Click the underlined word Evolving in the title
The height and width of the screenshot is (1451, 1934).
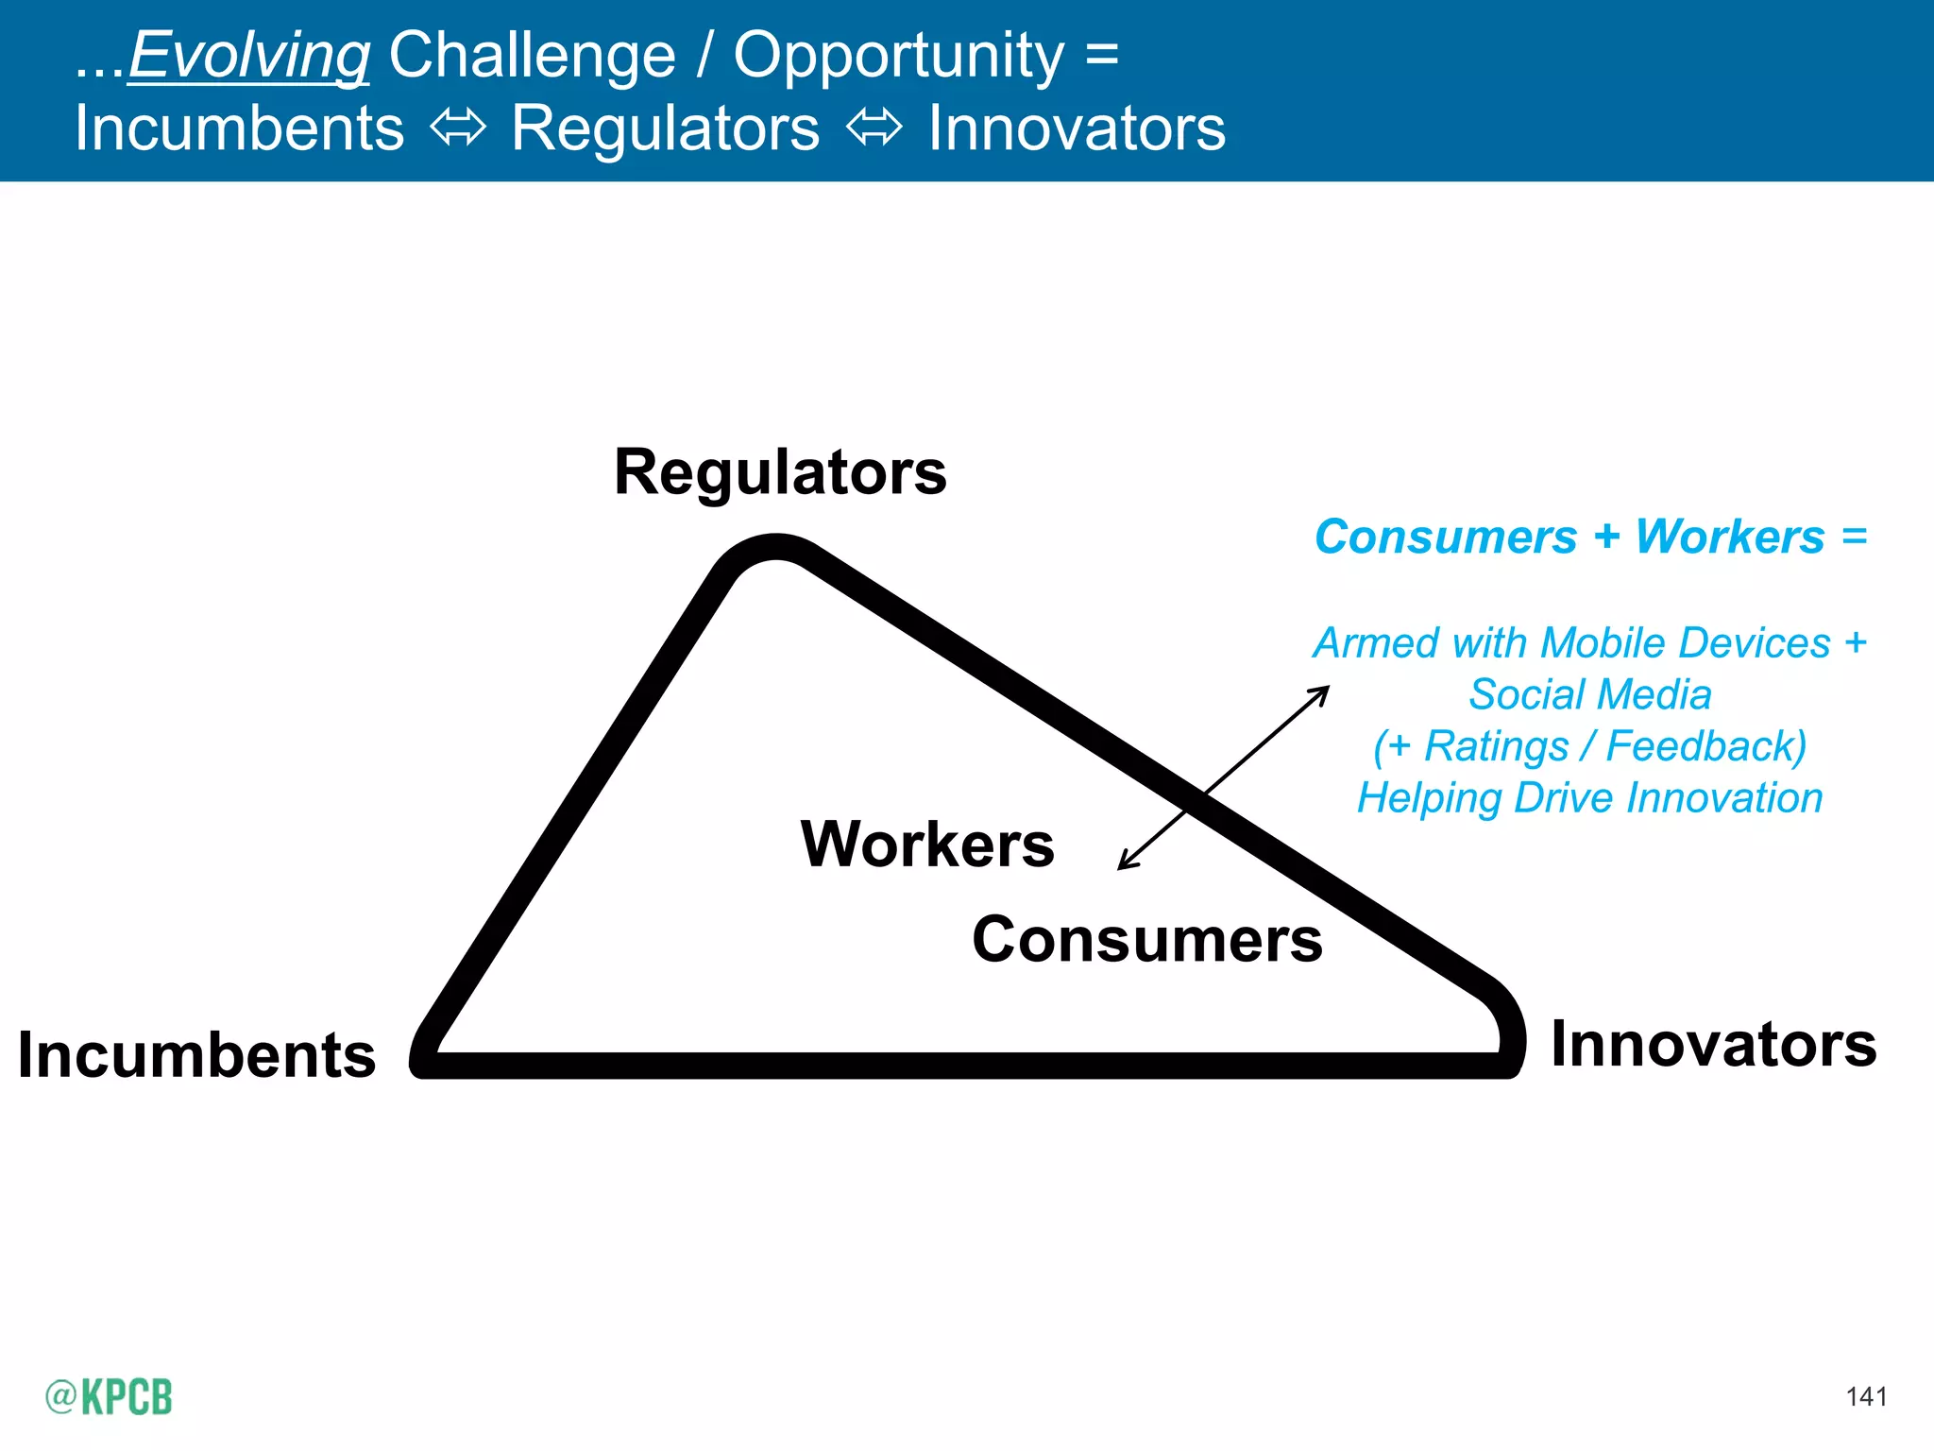249,55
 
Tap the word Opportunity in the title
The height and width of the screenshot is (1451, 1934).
899,55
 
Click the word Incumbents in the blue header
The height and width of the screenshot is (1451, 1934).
240,128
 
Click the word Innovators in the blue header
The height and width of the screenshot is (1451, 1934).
1077,128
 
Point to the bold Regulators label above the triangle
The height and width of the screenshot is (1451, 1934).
780,471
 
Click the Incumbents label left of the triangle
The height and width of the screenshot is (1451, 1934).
196,1054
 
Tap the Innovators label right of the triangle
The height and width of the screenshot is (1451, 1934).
1714,1045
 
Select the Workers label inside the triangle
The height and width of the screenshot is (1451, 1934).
927,844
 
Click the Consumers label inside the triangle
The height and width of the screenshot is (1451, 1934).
1147,940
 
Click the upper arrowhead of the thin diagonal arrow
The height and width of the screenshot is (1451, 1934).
1323,692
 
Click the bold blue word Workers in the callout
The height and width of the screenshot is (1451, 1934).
1730,537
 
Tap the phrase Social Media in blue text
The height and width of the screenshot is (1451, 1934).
1590,694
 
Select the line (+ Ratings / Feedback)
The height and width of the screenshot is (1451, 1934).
1590,746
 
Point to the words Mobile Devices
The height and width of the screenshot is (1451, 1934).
1686,643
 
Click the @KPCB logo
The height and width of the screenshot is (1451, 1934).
109,1396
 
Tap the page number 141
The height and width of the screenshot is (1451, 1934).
1866,1396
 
